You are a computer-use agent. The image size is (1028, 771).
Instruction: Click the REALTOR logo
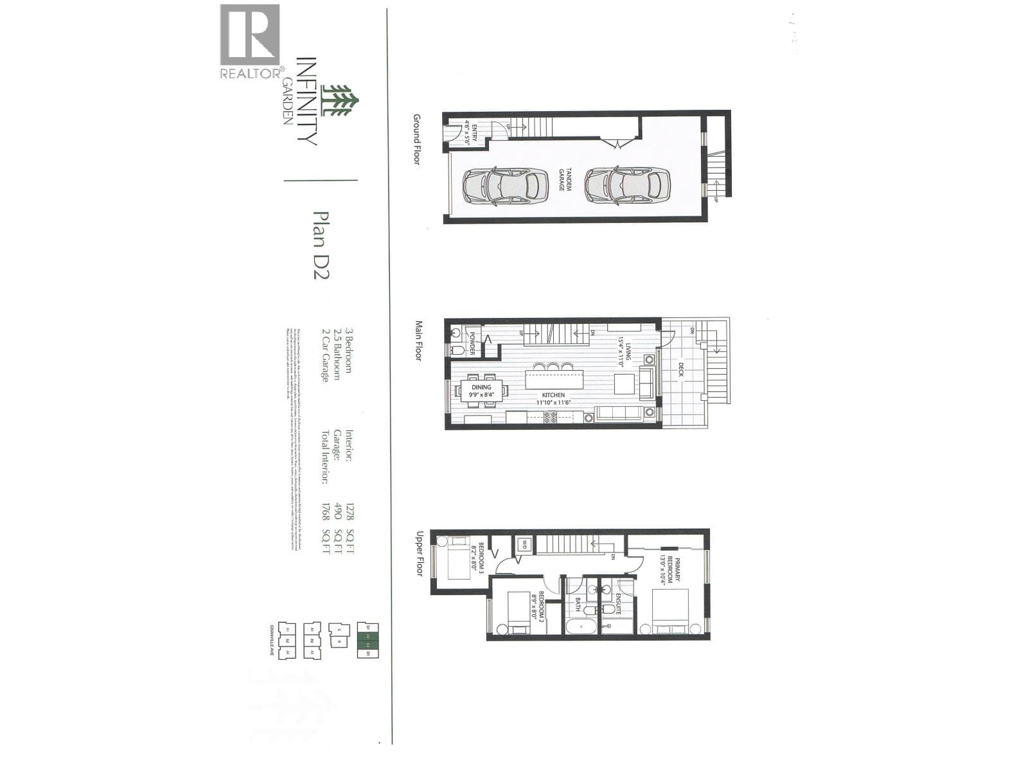pyautogui.click(x=250, y=41)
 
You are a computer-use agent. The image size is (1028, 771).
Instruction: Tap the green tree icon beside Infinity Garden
pyautogui.click(x=340, y=102)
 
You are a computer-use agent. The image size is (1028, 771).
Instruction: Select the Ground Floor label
pyautogui.click(x=417, y=139)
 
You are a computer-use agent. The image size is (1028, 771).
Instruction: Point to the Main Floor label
pyautogui.click(x=419, y=341)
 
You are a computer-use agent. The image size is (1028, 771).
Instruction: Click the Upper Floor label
pyautogui.click(x=421, y=553)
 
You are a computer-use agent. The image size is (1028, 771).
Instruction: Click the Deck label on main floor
pyautogui.click(x=681, y=369)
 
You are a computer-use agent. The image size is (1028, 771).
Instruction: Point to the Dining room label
pyautogui.click(x=482, y=391)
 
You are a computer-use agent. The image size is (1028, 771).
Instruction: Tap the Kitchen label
pyautogui.click(x=554, y=399)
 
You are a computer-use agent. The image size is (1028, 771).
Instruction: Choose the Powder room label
pyautogui.click(x=472, y=342)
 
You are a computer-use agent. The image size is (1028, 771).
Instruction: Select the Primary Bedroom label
pyautogui.click(x=668, y=569)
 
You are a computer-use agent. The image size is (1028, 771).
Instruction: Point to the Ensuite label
pyautogui.click(x=618, y=605)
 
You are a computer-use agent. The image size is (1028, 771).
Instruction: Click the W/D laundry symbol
pyautogui.click(x=524, y=544)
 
